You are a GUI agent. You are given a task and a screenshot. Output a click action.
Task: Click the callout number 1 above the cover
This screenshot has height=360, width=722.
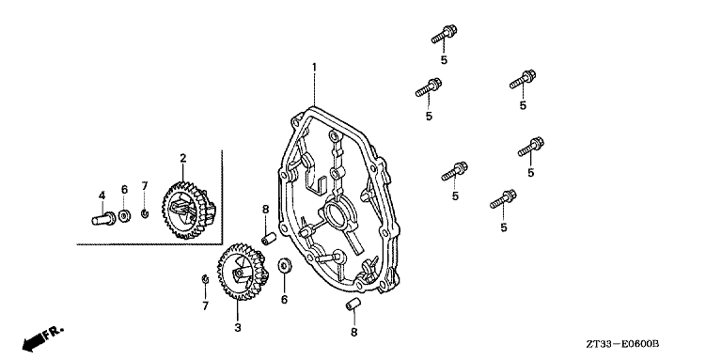(314, 68)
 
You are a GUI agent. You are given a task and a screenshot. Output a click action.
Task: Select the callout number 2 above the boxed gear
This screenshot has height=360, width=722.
(182, 158)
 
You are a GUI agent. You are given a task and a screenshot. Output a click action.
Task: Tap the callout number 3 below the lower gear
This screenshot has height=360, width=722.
(238, 328)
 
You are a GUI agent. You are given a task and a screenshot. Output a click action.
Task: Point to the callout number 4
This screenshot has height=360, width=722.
(102, 196)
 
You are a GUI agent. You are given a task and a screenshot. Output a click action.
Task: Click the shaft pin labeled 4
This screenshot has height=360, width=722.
(103, 218)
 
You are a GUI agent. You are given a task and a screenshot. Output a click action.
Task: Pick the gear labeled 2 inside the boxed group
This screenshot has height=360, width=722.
(188, 210)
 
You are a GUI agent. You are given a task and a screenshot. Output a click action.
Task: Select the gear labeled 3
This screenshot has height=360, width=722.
(243, 272)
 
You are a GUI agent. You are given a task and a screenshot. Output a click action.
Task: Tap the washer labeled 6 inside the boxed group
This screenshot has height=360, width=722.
(124, 215)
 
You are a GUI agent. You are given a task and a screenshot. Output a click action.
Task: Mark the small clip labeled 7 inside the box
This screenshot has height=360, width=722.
(145, 213)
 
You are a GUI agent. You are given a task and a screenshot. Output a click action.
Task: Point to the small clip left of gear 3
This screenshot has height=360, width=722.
(205, 278)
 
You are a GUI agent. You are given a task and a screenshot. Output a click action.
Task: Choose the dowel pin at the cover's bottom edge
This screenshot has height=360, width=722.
(353, 305)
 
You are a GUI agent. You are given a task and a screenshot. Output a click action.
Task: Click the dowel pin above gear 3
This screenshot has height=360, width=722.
(269, 240)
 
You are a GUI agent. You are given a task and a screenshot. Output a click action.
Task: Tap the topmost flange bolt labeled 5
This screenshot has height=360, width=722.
(445, 34)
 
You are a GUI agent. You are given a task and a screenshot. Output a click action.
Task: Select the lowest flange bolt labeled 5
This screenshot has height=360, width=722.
(503, 199)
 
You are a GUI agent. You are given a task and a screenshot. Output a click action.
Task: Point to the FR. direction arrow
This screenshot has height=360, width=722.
(42, 338)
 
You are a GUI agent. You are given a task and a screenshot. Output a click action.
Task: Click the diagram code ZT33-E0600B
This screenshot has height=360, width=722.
(622, 344)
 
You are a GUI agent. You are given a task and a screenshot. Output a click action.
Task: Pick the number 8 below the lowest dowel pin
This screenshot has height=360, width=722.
(353, 332)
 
